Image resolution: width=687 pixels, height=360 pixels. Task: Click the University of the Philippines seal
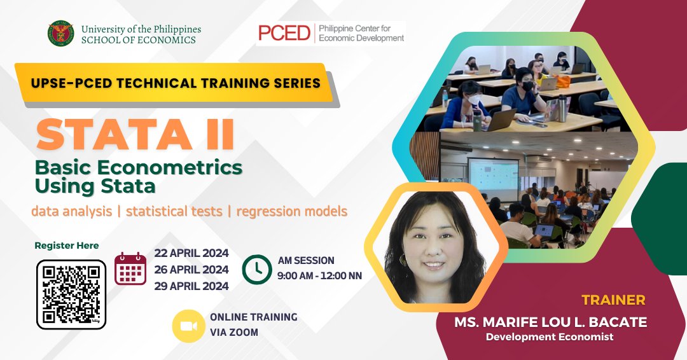61,33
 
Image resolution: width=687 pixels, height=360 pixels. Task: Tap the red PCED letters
284,33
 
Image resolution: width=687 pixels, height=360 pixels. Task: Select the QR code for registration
71,294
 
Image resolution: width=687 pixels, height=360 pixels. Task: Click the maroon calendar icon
130,268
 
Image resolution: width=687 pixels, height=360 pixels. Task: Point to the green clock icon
257,269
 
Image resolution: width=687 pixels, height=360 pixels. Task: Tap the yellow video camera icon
188,326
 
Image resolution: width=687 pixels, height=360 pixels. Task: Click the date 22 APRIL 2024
191,253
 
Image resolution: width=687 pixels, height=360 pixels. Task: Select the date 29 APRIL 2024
191,286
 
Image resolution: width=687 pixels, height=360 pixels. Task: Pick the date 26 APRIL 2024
191,269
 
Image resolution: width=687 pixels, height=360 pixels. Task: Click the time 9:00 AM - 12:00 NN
320,276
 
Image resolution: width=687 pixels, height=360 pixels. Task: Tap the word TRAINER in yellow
613,300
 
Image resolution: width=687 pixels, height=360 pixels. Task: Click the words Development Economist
550,337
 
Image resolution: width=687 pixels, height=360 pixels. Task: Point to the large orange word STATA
114,134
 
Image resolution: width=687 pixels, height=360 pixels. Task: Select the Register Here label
67,246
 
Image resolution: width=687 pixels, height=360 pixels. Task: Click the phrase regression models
292,211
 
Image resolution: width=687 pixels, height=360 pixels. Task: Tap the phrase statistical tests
174,211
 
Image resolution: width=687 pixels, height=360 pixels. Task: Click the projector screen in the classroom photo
494,179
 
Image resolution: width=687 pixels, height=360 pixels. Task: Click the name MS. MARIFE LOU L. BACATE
551,322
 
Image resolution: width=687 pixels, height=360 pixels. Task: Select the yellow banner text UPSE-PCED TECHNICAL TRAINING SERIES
176,83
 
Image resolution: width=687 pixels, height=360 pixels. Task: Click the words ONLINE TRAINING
254,317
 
